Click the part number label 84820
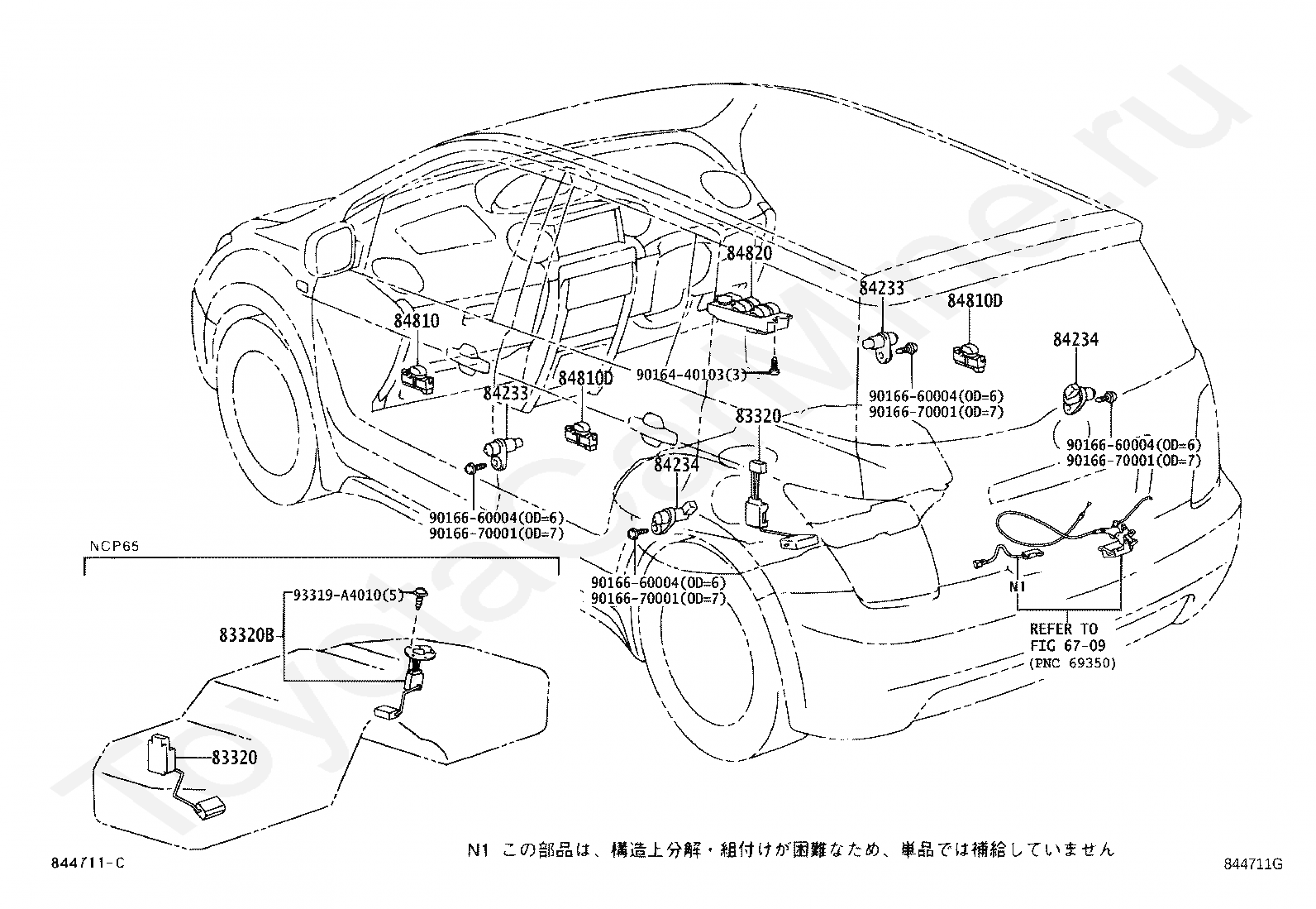749,253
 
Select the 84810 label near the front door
417,321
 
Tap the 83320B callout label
246,635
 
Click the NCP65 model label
114,546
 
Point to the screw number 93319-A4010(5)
348,595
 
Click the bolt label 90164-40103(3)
691,375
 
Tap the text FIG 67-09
1067,646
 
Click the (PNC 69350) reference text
1072,663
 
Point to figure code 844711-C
88,863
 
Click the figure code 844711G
1253,864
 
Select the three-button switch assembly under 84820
750,315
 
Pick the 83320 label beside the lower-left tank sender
235,758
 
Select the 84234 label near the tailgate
1075,340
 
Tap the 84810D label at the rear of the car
975,301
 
